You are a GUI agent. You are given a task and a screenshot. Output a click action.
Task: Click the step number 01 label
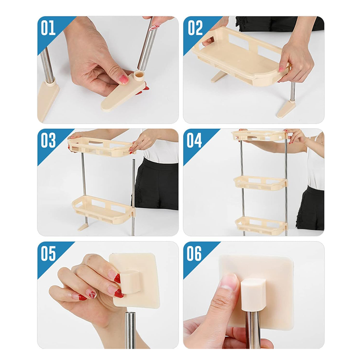[x=48, y=28]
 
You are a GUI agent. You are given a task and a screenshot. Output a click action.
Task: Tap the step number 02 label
[x=195, y=28]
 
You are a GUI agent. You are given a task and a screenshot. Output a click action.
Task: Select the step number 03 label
[x=48, y=140]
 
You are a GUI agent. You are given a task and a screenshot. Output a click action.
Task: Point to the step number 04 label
[x=194, y=140]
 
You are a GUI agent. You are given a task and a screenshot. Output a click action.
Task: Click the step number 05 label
[x=48, y=253]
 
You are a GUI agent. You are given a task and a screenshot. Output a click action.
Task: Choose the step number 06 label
[x=194, y=253]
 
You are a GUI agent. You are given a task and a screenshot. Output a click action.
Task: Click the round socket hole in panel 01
[x=139, y=74]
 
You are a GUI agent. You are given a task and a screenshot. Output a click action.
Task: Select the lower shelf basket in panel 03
[x=103, y=209]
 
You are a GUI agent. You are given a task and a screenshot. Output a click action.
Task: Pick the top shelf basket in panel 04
[x=260, y=135]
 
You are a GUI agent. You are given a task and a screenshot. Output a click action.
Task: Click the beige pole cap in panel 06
[x=251, y=294]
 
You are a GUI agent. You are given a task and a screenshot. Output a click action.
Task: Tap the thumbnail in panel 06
[x=229, y=282]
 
